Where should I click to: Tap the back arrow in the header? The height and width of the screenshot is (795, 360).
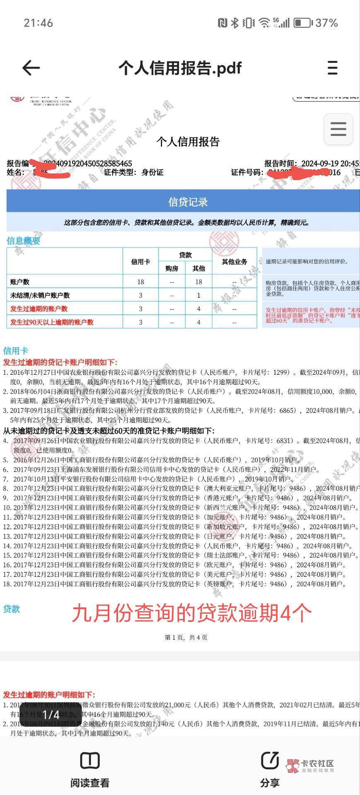(31, 68)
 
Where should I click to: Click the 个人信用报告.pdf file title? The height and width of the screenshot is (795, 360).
(180, 68)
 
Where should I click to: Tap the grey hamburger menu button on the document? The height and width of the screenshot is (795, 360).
(338, 129)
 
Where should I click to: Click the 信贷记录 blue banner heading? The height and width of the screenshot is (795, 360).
(188, 202)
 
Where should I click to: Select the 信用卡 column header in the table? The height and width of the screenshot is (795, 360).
(140, 262)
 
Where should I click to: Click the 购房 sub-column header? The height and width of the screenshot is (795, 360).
(172, 268)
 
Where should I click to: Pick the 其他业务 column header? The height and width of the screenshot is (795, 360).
(234, 262)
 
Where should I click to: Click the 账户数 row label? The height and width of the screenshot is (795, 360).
(20, 282)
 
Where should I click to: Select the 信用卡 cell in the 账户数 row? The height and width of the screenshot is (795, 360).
(140, 282)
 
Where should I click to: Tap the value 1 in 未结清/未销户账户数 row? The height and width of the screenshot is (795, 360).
(198, 295)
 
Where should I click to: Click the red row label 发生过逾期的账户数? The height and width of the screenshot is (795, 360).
(39, 308)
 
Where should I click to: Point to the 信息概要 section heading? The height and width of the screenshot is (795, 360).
(24, 241)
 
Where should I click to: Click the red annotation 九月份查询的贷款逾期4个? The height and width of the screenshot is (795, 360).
(191, 613)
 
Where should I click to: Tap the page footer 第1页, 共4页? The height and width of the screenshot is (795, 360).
(186, 637)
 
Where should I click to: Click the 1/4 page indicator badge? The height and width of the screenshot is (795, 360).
(51, 714)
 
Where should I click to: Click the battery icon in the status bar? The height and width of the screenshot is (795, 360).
(302, 23)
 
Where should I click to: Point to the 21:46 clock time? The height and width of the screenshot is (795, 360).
(39, 23)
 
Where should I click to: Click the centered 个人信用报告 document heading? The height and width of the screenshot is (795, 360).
(188, 142)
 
